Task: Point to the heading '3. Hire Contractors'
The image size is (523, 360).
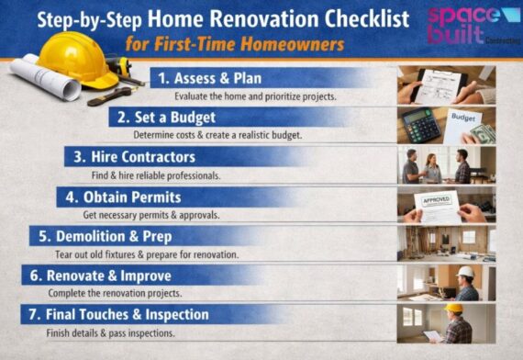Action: coord(134,157)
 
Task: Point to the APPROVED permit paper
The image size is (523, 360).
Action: coord(438,203)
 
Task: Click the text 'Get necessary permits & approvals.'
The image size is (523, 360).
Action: coord(159,215)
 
